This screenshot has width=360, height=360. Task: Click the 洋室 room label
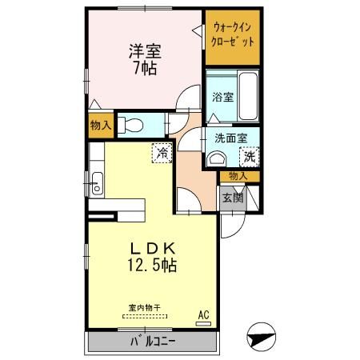click(x=145, y=51)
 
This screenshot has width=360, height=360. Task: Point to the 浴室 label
click(x=222, y=98)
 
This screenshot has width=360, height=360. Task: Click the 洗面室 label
click(x=230, y=138)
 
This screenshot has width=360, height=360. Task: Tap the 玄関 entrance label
click(x=232, y=198)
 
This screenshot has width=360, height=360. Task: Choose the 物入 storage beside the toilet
click(x=100, y=125)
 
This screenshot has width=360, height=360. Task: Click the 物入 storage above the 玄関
click(x=238, y=176)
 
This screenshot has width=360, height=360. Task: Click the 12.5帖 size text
click(x=147, y=263)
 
